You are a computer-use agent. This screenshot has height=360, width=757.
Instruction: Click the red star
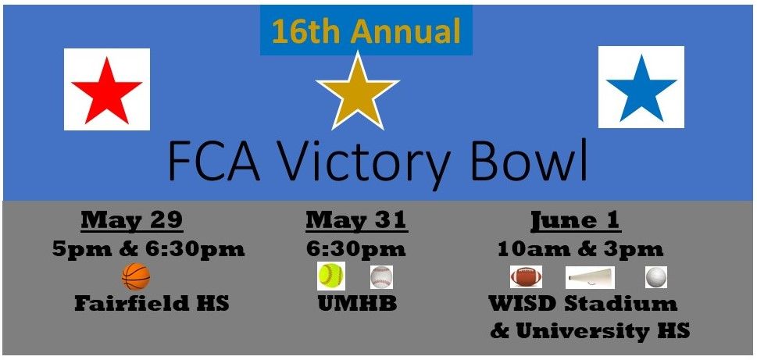(107, 90)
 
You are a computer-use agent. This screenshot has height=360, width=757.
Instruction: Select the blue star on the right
(641, 87)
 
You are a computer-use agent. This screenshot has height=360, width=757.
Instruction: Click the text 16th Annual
(366, 31)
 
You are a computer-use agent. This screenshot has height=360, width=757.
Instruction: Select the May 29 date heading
(131, 220)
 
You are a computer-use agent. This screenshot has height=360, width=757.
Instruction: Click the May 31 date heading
(356, 220)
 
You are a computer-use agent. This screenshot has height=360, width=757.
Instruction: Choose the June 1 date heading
(576, 220)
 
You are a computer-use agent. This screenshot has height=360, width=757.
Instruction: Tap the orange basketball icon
(135, 276)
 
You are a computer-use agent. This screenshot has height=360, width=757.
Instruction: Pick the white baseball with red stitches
(381, 277)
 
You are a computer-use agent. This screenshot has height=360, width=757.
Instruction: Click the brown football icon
(526, 277)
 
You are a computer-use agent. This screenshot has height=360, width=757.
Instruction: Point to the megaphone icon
(591, 277)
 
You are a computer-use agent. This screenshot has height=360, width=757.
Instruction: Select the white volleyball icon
(656, 277)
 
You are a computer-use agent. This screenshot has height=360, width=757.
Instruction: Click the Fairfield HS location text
(152, 303)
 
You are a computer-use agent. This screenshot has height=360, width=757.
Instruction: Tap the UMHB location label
(357, 303)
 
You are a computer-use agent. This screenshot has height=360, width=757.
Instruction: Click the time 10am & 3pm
(580, 249)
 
